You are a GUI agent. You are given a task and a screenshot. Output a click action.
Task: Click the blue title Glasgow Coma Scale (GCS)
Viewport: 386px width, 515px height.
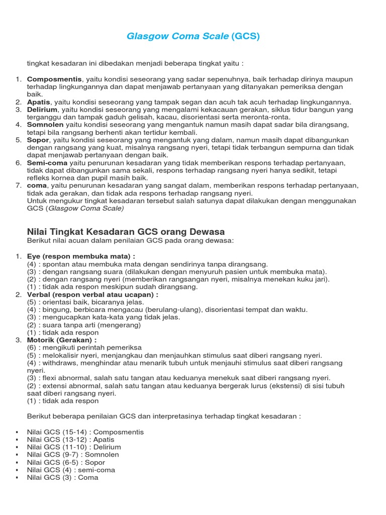pos(193,37)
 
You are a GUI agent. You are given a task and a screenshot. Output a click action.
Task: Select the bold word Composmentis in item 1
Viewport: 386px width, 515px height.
pos(54,79)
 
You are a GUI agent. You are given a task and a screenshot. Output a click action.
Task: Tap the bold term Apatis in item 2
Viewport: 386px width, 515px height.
pos(39,102)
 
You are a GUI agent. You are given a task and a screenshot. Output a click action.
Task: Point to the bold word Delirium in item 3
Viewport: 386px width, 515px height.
pos(43,110)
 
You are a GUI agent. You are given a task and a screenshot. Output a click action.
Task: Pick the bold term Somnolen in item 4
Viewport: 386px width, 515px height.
pos(45,125)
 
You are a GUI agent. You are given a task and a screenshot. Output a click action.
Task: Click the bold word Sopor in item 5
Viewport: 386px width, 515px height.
pos(38,140)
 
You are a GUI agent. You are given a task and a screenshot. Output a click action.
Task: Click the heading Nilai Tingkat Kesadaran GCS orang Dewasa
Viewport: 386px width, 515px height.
pos(125,231)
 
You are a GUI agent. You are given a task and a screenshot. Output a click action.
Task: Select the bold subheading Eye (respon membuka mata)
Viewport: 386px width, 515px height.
pos(81,256)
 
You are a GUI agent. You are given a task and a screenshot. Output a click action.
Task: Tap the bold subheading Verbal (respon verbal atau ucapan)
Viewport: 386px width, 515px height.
pos(92,295)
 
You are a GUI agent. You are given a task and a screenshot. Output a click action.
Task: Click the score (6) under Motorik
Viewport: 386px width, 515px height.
pos(32,348)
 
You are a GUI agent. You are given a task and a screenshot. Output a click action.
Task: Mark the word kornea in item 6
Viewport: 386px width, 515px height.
pos(64,178)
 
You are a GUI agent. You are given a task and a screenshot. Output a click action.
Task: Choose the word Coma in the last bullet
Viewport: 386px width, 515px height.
pos(88,477)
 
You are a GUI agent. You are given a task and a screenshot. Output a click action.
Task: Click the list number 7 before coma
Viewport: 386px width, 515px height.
pos(18,186)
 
